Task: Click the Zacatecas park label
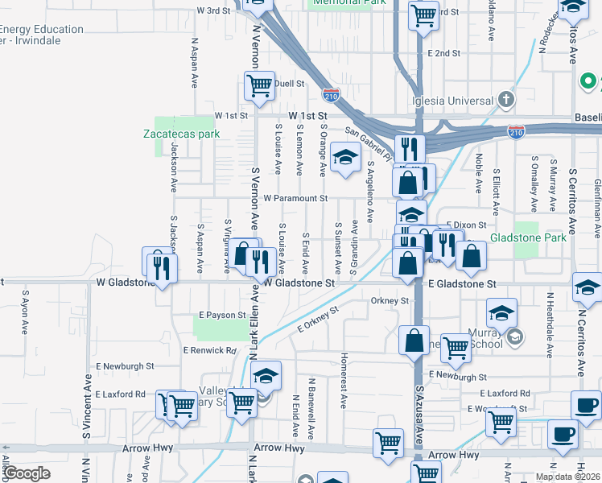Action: coord(181,134)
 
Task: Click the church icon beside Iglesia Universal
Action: coord(505,100)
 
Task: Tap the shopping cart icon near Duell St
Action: coord(258,86)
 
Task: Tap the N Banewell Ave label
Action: coord(311,394)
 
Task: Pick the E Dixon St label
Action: coord(466,225)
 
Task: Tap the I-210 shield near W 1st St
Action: coord(330,96)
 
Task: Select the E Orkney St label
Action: coord(320,320)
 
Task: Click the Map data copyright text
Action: coord(567,477)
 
